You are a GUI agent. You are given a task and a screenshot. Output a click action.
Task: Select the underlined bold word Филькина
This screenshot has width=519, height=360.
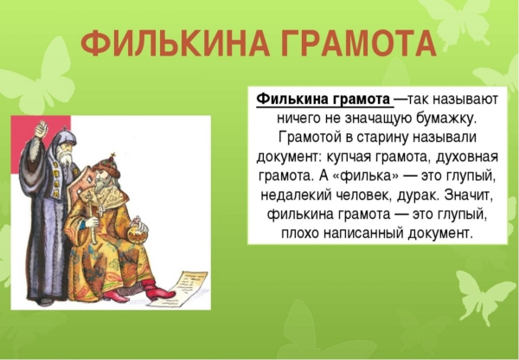tap(289, 99)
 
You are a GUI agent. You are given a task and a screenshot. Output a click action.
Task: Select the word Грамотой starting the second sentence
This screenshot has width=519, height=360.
tap(307, 137)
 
